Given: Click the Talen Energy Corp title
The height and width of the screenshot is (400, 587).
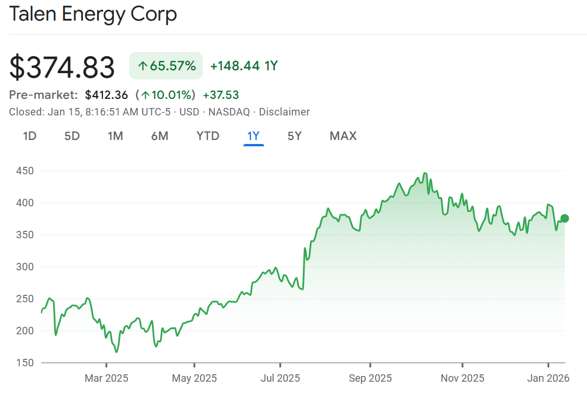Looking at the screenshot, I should click(x=93, y=14).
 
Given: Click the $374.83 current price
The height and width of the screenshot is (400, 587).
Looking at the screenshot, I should click(x=62, y=67).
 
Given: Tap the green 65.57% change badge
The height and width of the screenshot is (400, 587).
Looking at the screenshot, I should click(x=166, y=66).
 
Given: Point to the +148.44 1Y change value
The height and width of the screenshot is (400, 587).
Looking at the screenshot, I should click(x=243, y=66).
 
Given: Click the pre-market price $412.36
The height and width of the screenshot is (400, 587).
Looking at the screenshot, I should click(x=106, y=95).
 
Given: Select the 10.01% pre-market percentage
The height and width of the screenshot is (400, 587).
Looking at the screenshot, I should click(x=167, y=95).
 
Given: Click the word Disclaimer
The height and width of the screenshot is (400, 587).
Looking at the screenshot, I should click(x=284, y=112).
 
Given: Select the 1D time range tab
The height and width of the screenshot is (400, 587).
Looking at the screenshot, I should click(x=30, y=136).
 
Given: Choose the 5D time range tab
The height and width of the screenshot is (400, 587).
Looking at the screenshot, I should click(x=71, y=136).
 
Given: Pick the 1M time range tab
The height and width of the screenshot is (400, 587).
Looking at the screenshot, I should click(x=115, y=136).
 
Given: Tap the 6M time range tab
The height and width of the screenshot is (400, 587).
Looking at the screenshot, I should click(x=159, y=136).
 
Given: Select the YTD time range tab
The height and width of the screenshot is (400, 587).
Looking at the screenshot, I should click(x=207, y=136).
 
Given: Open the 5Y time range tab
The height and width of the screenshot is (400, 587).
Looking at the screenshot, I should click(x=294, y=136).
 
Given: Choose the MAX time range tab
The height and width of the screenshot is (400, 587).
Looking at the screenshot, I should click(x=343, y=136).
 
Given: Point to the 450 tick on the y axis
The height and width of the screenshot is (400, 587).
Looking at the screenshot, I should click(x=25, y=171).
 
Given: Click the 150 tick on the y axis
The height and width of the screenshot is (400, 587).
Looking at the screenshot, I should click(x=25, y=363).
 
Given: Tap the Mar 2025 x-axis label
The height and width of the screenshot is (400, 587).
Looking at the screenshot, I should click(x=106, y=378).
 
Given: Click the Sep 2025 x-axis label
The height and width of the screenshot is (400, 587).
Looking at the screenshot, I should click(x=370, y=378).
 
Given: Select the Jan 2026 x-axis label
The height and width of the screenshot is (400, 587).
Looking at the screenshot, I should click(x=549, y=378).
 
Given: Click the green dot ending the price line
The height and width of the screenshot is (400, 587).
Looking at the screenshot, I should click(x=565, y=218).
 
